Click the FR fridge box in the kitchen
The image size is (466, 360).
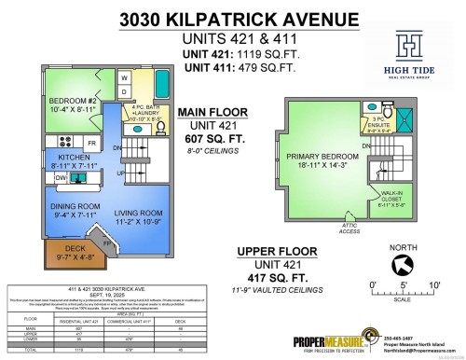click(x=92, y=142)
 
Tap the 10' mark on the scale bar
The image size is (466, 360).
click(x=433, y=284)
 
